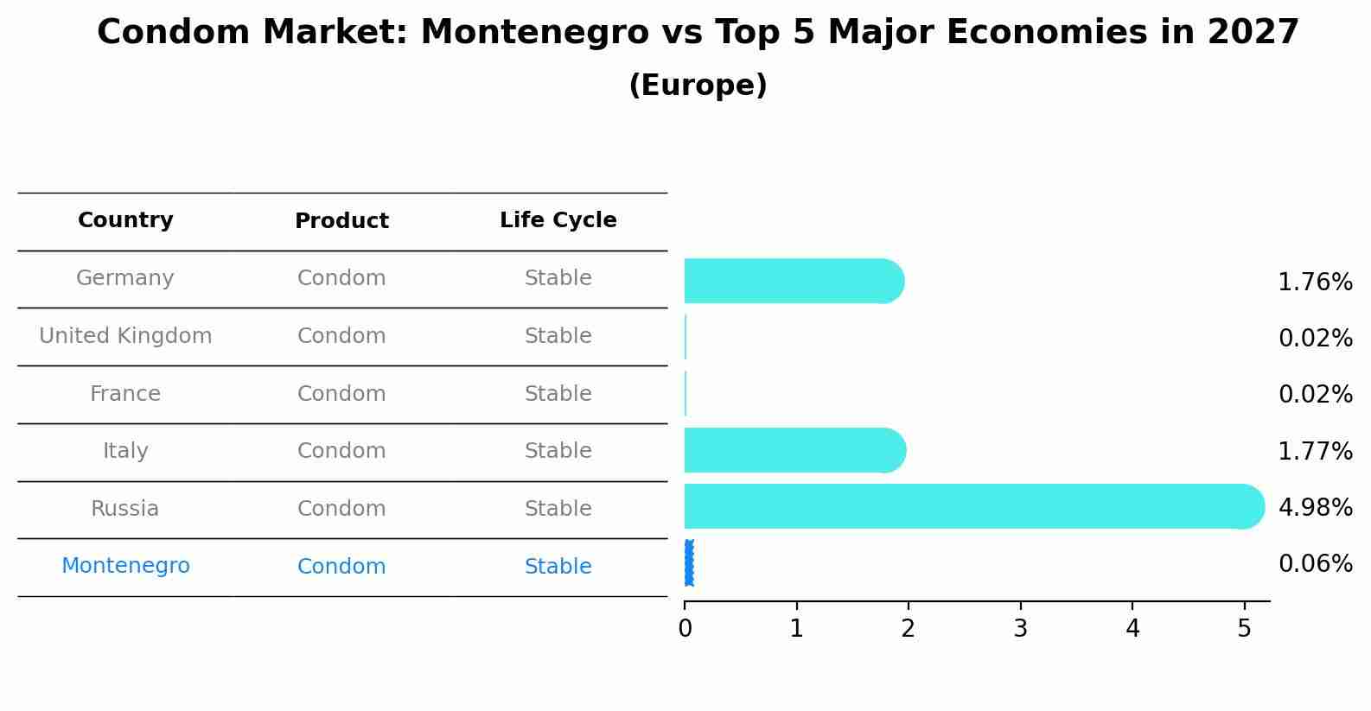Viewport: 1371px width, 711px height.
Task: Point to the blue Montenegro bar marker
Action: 689,563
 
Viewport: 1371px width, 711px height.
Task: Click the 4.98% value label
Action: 1315,507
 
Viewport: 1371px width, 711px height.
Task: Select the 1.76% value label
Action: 1315,282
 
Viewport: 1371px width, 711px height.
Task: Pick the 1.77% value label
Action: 1315,451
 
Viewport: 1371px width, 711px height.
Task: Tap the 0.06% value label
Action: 1315,564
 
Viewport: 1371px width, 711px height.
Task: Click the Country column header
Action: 125,220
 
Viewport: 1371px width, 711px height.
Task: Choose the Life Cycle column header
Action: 558,220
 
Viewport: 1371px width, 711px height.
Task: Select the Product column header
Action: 341,221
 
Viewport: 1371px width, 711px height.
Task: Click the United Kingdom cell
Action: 125,336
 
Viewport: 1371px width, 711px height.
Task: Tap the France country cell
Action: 125,394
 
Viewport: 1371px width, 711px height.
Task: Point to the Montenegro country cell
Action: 125,566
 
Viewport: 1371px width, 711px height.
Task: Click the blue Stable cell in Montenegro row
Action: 558,567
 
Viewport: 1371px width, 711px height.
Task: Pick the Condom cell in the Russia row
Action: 341,509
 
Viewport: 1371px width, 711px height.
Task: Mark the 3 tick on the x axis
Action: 1020,628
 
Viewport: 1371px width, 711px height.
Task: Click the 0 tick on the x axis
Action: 685,628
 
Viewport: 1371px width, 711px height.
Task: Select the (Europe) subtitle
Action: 698,86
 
